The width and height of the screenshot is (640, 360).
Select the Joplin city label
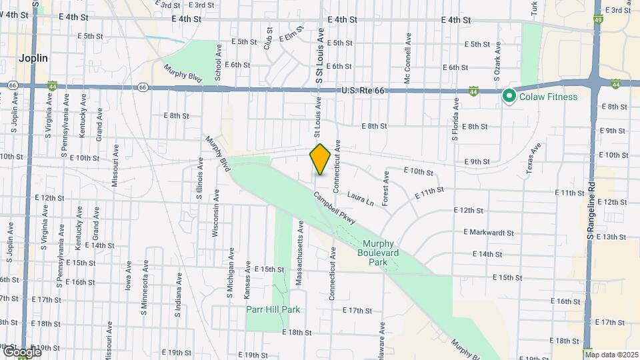[33, 59]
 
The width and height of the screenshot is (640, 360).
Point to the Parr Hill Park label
[273, 309]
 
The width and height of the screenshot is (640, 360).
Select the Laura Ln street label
[360, 198]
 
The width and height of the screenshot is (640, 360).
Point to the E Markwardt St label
[489, 233]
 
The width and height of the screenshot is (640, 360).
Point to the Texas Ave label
[531, 157]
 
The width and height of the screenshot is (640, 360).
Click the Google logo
[21, 352]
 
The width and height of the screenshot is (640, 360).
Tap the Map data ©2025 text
[612, 355]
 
